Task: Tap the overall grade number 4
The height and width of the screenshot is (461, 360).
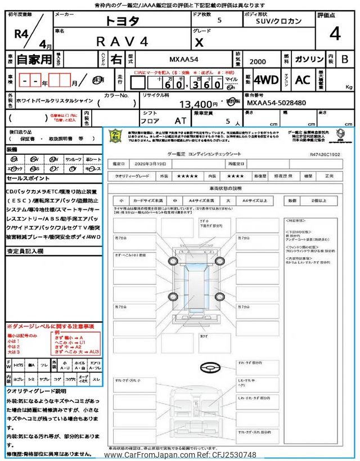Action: click(x=335, y=35)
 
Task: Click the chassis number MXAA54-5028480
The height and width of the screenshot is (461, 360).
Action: click(x=276, y=103)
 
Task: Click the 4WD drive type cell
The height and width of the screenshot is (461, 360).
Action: click(x=266, y=80)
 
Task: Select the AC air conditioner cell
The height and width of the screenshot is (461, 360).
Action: click(x=303, y=80)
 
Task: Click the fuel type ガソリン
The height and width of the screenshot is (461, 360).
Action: click(x=308, y=59)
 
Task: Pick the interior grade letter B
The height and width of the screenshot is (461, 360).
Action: click(x=345, y=59)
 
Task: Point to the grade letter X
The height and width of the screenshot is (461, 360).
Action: click(x=199, y=42)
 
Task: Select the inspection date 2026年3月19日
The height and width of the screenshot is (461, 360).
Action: click(x=148, y=163)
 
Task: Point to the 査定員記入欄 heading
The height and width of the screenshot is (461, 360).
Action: click(x=25, y=251)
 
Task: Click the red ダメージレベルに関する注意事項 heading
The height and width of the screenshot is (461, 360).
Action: click(x=50, y=326)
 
